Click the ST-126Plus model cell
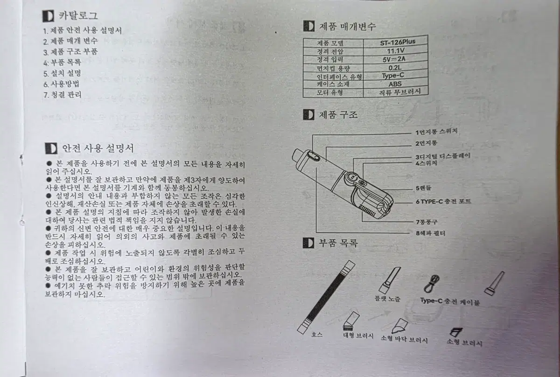coord(398,42)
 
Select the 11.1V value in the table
coord(396,51)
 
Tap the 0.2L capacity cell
coord(395,68)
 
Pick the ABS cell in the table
coord(395,84)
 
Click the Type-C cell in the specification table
coord(393,75)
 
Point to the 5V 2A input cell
coord(394,59)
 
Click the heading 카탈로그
coord(78,15)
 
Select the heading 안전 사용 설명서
coord(98,148)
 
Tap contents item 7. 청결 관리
coord(63,95)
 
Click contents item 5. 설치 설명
coord(62,74)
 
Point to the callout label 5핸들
coord(424,188)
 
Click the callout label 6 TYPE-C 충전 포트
coord(443,201)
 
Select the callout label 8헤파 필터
coord(430,233)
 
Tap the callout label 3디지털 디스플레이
coord(443,156)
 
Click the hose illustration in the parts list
coord(326,297)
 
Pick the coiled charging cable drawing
coord(432,284)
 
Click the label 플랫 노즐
coord(387,299)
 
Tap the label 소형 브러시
coord(464,342)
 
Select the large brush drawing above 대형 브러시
coord(351,321)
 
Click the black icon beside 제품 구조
coord(308,115)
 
